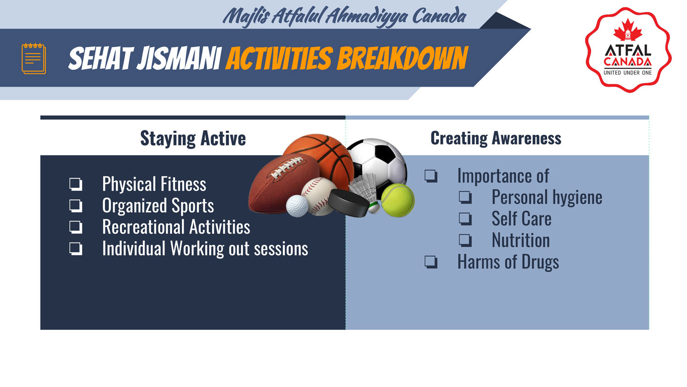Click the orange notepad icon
point(34,58)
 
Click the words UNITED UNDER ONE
point(627,73)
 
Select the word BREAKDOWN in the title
point(402,58)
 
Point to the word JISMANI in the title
point(179,58)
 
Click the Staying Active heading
point(193,138)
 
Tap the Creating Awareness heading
point(496,138)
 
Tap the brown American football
point(284,183)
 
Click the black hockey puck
point(349,203)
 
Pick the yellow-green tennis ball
point(398,200)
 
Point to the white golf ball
point(297,206)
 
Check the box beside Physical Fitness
point(76,184)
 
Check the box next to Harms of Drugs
point(431,262)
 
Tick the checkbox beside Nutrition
point(465,240)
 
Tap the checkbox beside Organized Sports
point(76,206)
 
